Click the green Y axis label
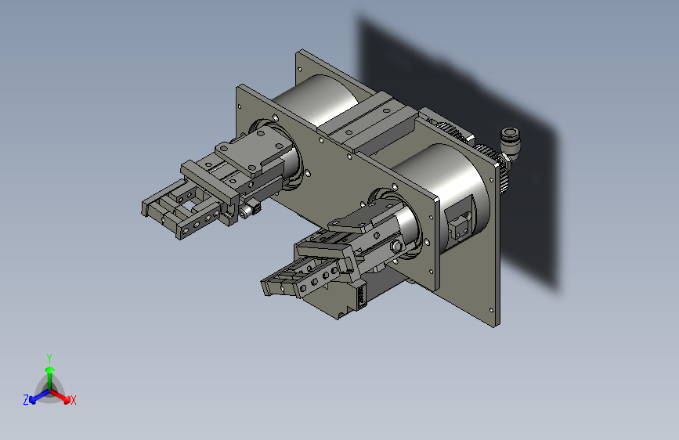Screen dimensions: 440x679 [49, 357]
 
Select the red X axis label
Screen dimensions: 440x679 [74, 401]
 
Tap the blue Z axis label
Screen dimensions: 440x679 [26, 400]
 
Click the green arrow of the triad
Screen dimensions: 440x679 [49, 371]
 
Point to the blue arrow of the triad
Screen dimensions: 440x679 [36, 396]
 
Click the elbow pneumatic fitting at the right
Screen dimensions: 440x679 [511, 142]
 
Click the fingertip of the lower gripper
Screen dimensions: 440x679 [270, 287]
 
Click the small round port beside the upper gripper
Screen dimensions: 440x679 [253, 210]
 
